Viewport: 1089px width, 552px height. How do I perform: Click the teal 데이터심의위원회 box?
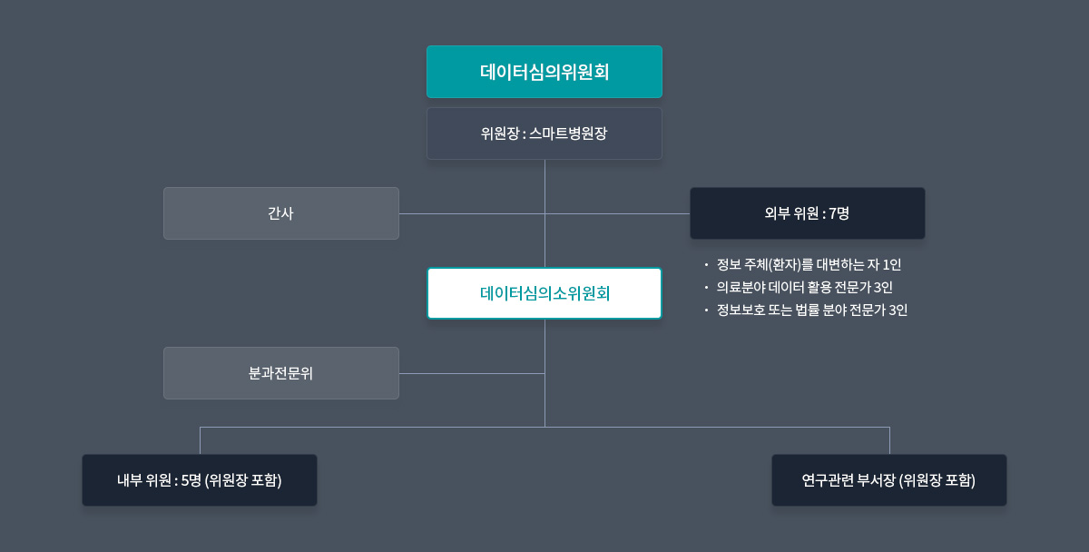pos(544,72)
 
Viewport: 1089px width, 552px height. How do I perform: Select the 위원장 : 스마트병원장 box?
pos(544,133)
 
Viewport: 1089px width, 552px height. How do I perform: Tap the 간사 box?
pos(281,213)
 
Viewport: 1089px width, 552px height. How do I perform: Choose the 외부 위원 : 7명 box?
pos(808,213)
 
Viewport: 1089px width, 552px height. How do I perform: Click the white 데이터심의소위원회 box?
pos(544,293)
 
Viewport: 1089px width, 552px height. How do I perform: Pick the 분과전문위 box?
pos(281,373)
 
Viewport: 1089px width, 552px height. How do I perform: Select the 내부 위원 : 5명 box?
pos(200,480)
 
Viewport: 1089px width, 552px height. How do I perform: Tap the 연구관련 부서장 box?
pos(889,480)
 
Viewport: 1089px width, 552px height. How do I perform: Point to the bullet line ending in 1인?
pos(809,264)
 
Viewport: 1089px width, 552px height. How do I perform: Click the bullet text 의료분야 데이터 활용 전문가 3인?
pos(805,288)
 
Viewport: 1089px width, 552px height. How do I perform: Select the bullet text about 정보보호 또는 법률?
pos(812,310)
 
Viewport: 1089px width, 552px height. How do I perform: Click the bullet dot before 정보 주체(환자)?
pos(706,265)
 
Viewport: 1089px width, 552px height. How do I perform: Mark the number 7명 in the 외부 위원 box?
pos(839,213)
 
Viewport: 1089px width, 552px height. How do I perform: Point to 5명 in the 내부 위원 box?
pos(191,480)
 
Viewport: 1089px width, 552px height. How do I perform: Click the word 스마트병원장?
pos(568,133)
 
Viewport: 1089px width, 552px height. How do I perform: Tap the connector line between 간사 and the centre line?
pos(472,213)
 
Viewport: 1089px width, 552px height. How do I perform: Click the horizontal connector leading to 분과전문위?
pos(472,373)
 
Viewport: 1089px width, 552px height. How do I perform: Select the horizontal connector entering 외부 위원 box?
pos(617,213)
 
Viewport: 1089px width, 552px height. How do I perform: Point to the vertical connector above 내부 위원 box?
pos(200,440)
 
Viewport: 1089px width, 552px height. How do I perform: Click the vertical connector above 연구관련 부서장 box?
pos(889,440)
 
